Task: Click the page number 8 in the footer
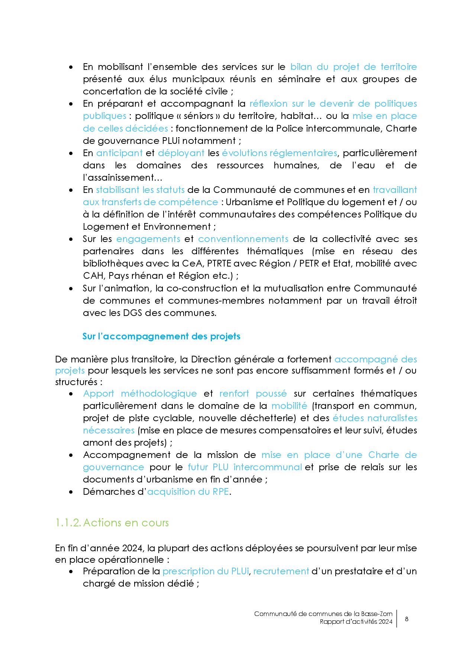(406, 619)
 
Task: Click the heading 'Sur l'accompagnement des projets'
(161, 336)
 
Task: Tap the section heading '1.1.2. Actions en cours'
(112, 523)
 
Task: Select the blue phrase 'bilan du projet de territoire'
(353, 67)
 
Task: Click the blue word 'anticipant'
(119, 153)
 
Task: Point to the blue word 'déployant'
(181, 153)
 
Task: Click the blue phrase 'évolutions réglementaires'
(279, 153)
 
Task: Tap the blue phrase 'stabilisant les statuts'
(140, 190)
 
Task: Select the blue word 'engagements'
(148, 239)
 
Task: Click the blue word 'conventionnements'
(243, 239)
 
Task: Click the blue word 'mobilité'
(289, 406)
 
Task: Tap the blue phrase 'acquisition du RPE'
(188, 492)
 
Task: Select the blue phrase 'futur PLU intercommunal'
(244, 467)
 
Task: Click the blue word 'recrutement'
(281, 571)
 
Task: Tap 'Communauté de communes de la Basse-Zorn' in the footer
(323, 614)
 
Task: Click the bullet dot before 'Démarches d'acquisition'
(71, 492)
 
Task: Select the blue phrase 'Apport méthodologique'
(140, 394)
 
